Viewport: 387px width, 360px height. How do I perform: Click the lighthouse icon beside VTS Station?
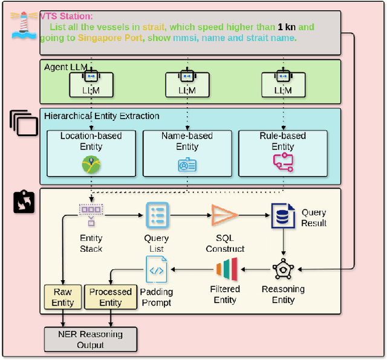[23, 26]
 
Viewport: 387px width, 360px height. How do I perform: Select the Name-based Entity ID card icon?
[187, 165]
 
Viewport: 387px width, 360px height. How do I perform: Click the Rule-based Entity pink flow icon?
[282, 161]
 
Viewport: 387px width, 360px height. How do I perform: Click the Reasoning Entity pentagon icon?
[283, 269]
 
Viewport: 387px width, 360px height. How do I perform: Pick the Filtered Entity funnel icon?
[226, 269]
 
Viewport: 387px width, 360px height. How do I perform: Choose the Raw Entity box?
[62, 297]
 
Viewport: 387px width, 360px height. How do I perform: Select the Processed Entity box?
[111, 297]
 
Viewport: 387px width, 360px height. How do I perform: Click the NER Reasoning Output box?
[90, 339]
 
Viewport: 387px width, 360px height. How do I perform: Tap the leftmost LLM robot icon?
[91, 77]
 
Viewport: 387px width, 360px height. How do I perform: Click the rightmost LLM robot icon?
[282, 77]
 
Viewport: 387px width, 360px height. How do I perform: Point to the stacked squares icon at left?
[24, 123]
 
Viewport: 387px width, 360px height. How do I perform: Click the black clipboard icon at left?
[24, 201]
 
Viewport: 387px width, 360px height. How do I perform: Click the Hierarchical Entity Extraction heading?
[102, 116]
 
